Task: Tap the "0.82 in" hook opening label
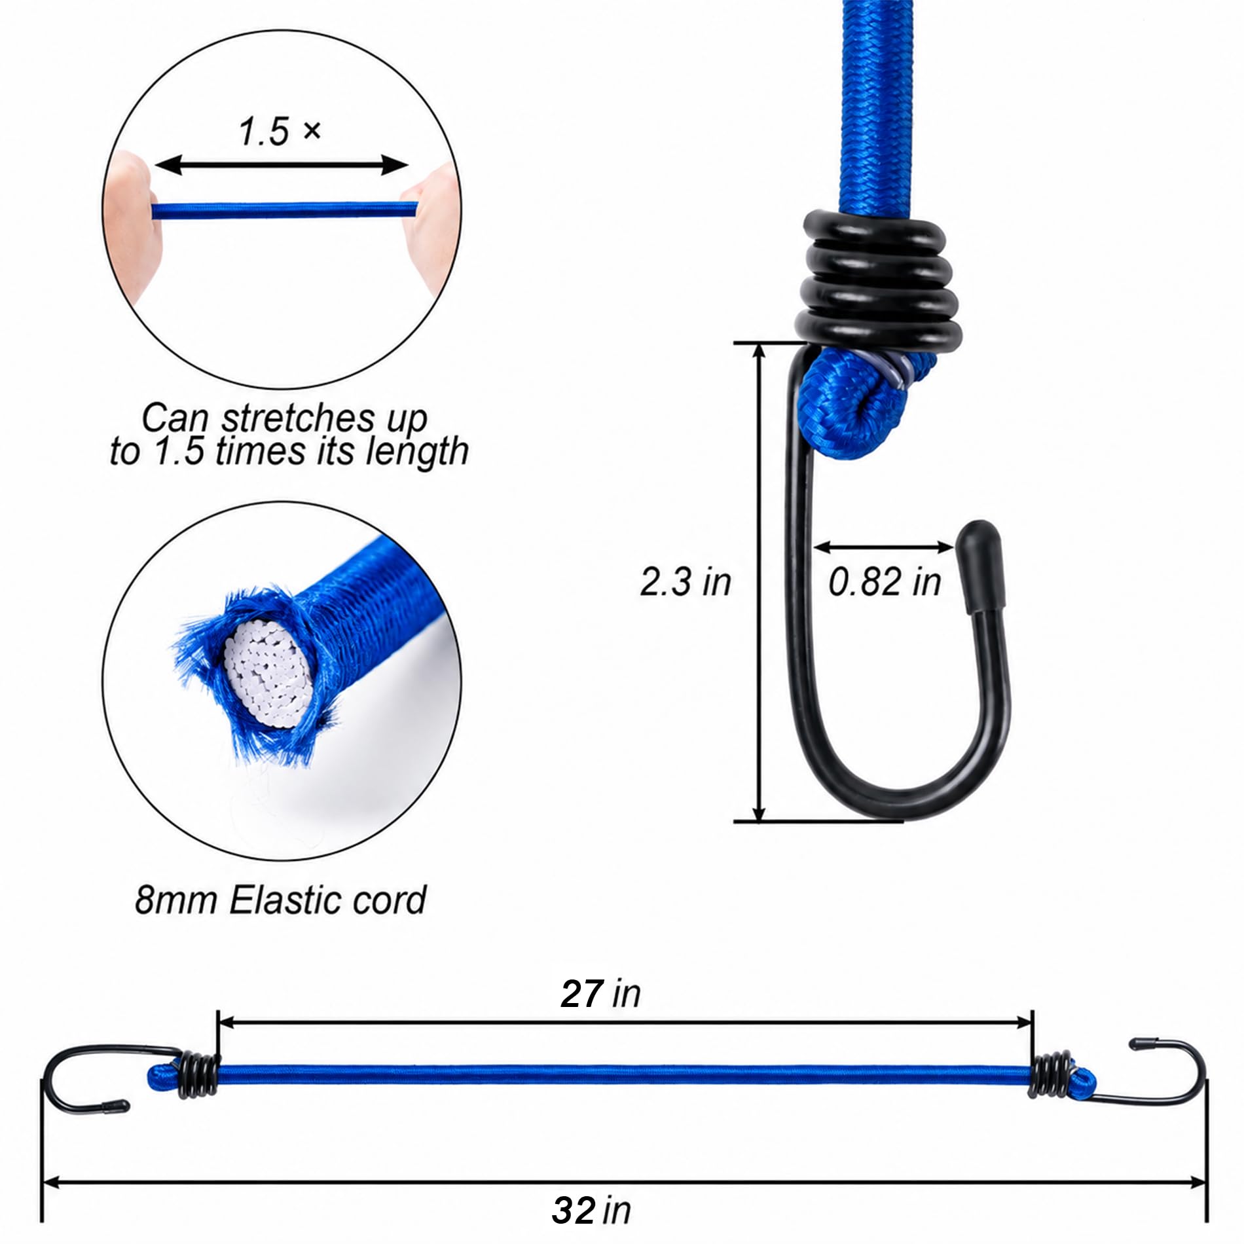coord(885,581)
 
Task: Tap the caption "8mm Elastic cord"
coord(280,900)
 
